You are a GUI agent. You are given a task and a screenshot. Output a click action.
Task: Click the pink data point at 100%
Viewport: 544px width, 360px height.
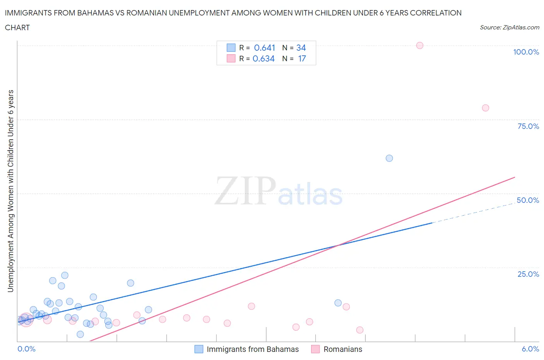pyautogui.click(x=419, y=45)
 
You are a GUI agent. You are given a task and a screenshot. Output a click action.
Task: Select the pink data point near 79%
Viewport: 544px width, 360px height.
pyautogui.click(x=485, y=108)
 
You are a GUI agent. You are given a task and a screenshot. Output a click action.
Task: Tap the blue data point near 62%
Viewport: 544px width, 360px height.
pyautogui.click(x=389, y=158)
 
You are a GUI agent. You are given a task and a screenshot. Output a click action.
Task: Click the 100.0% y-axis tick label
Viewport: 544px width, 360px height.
pyautogui.click(x=526, y=52)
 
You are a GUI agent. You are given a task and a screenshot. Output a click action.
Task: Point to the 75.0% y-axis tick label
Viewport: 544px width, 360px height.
pyautogui.click(x=528, y=126)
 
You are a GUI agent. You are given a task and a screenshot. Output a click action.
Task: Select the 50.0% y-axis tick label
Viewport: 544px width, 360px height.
pyautogui.click(x=528, y=200)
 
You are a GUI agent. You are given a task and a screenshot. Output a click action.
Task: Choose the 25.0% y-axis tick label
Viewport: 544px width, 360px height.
pyautogui.click(x=528, y=274)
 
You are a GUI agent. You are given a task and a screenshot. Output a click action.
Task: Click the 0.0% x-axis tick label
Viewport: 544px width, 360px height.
pyautogui.click(x=26, y=349)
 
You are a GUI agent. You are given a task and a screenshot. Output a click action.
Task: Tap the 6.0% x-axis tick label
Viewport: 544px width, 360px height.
pyautogui.click(x=530, y=349)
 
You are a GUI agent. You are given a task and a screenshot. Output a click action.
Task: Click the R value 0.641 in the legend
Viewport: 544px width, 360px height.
pyautogui.click(x=264, y=48)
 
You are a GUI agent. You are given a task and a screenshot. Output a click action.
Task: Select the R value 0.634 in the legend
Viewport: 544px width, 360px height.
pyautogui.click(x=263, y=58)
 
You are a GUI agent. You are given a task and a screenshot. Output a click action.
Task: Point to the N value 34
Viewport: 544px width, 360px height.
pyautogui.click(x=301, y=48)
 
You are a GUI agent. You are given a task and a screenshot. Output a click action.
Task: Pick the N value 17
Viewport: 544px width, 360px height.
pyautogui.click(x=302, y=58)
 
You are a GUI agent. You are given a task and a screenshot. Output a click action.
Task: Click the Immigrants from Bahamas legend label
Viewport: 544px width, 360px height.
pyautogui.click(x=253, y=349)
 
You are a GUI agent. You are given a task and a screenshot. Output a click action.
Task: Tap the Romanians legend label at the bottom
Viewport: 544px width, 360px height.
pyautogui.click(x=343, y=349)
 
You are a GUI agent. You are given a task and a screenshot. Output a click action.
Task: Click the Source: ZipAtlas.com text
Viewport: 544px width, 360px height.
pyautogui.click(x=509, y=27)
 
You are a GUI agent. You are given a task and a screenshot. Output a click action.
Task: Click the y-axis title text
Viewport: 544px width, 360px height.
pyautogui.click(x=10, y=191)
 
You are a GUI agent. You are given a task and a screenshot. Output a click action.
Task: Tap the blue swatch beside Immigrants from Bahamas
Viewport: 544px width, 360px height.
pyautogui.click(x=198, y=349)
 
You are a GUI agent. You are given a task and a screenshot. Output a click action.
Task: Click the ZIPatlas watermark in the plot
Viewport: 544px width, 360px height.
pyautogui.click(x=279, y=191)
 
